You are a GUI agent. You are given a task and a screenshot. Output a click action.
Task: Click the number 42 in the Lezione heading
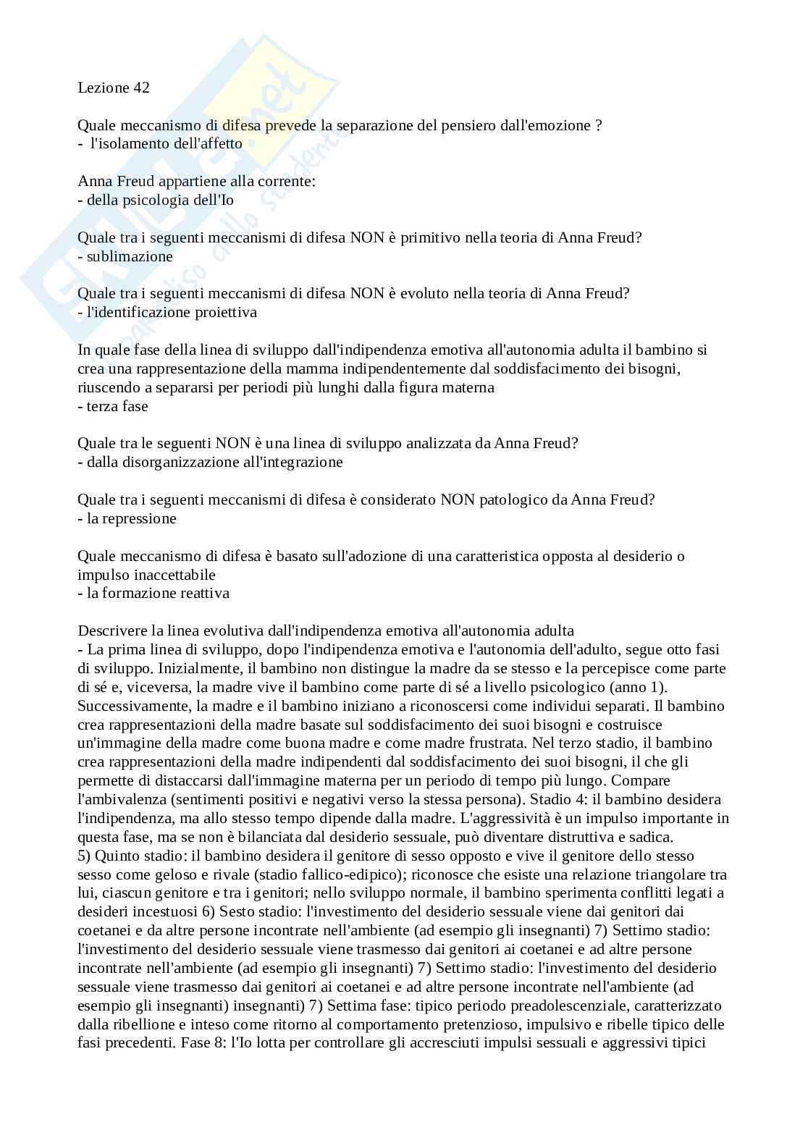[141, 88]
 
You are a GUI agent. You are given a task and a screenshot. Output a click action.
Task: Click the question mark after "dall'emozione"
[598, 125]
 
